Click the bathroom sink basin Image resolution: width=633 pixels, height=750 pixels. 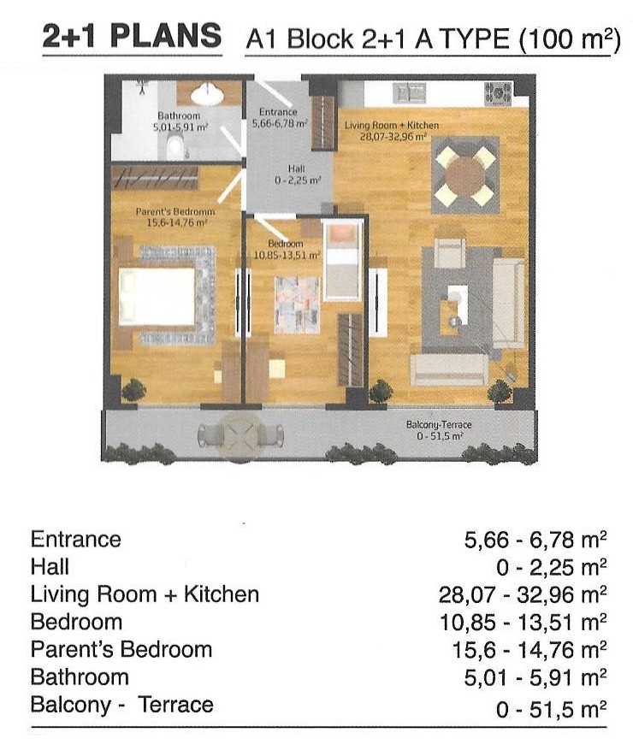click(x=207, y=94)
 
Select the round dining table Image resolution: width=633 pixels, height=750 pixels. click(x=465, y=174)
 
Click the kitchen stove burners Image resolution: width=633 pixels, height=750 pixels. click(x=498, y=93)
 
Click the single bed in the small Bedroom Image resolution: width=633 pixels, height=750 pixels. click(x=340, y=259)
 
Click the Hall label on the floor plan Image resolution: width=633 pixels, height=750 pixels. click(x=297, y=174)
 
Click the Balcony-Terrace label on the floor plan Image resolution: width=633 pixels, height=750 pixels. click(x=439, y=430)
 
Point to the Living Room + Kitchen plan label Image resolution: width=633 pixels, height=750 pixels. click(x=392, y=131)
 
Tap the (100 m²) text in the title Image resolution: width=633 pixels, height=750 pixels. click(x=570, y=39)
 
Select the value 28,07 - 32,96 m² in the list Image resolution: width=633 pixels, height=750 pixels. click(x=523, y=595)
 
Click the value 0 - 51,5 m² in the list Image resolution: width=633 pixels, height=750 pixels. click(x=551, y=709)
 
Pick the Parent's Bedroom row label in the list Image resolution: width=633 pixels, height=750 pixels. click(x=121, y=650)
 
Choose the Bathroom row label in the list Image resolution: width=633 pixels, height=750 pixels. click(x=80, y=677)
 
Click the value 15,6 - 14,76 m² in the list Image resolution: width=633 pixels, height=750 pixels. click(x=529, y=650)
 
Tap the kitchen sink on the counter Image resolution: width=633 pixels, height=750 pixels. click(x=409, y=93)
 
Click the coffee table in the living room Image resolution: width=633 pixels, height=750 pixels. click(x=457, y=302)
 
